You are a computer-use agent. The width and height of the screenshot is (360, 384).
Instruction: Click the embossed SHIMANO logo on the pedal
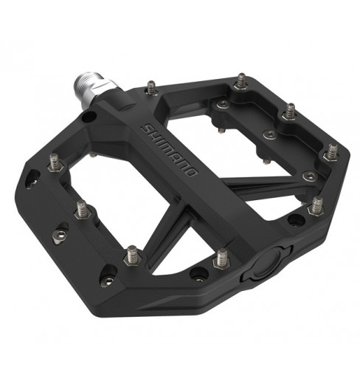click(x=169, y=150)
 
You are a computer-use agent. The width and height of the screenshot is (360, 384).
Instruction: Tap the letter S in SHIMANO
click(x=145, y=128)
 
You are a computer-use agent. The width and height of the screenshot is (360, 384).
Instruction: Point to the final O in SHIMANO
click(x=191, y=171)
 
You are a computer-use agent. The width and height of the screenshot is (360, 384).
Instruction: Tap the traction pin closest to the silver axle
click(x=151, y=88)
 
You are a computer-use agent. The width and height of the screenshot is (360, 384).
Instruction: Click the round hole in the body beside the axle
click(x=89, y=117)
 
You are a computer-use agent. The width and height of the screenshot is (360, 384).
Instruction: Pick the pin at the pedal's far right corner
click(x=332, y=153)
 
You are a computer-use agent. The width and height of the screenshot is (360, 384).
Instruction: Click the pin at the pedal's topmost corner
click(x=241, y=81)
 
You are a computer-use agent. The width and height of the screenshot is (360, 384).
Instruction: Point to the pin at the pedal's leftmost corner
click(x=55, y=162)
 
